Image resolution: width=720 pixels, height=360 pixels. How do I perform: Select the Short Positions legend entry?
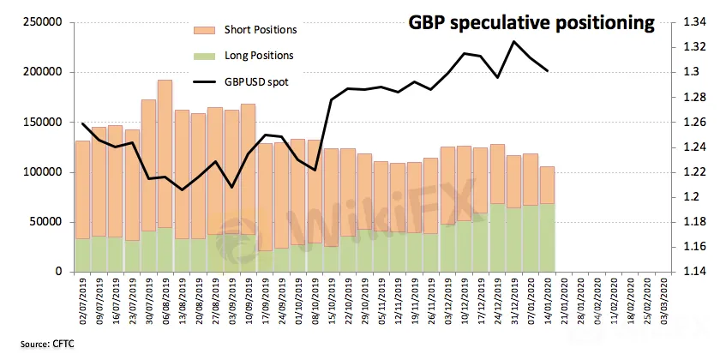pyautogui.click(x=260, y=30)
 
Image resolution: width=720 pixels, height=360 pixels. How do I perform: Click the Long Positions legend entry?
pyautogui.click(x=259, y=56)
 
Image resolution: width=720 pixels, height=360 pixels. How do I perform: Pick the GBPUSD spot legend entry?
pyautogui.click(x=255, y=82)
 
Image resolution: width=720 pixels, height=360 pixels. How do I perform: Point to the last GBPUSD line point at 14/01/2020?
pyautogui.click(x=548, y=70)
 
